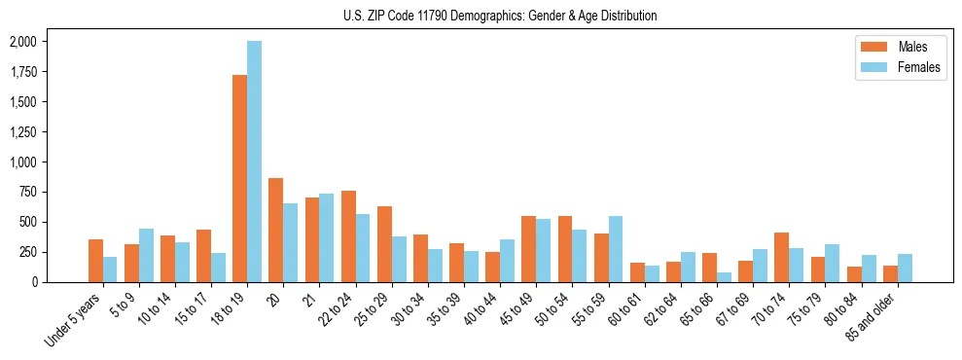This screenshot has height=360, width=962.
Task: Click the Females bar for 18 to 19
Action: (x=254, y=162)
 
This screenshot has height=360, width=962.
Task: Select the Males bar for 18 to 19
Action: (x=239, y=178)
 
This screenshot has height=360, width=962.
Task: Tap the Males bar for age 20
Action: (x=275, y=230)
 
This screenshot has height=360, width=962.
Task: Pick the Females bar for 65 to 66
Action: (x=724, y=277)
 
